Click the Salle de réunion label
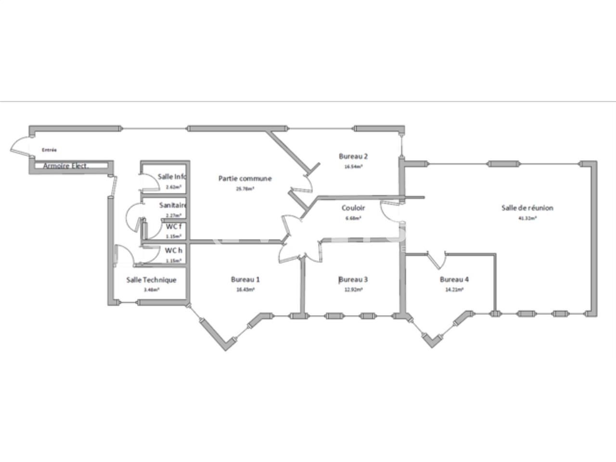tap(527, 208)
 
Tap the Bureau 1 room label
tap(245, 280)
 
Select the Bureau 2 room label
tap(353, 156)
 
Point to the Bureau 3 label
tap(353, 280)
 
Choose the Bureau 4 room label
tap(454, 280)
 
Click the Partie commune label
tap(245, 179)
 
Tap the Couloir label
tap(353, 208)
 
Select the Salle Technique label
tap(151, 280)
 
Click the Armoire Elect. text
tap(68, 166)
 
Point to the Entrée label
tap(49, 150)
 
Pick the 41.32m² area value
tap(527, 218)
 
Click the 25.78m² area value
tap(245, 189)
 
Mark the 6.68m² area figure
tap(353, 218)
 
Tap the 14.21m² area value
tap(454, 290)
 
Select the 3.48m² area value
tap(151, 290)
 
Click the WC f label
tap(174, 227)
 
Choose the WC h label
tap(173, 251)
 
